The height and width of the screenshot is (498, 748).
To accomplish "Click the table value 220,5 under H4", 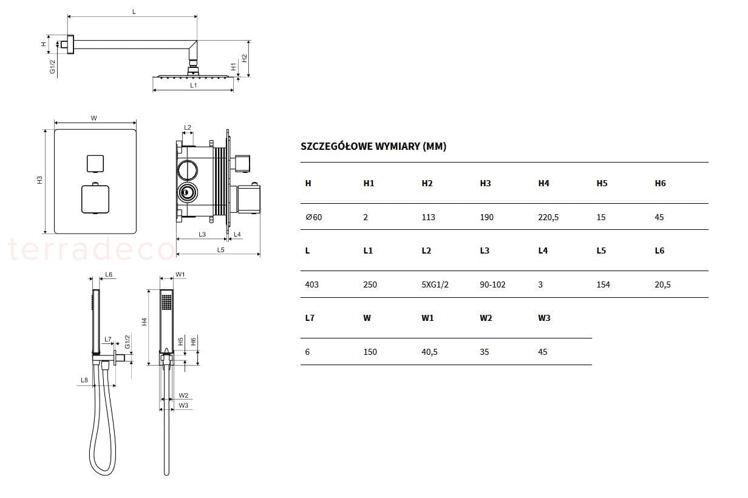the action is [548, 218].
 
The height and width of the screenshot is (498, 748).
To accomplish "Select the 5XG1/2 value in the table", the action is [435, 285].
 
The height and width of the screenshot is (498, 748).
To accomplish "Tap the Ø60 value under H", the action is [313, 218].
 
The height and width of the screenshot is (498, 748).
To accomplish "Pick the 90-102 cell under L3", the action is [492, 285].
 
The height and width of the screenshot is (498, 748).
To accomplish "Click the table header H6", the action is [660, 183].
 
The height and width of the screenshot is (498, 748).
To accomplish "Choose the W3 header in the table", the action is [544, 318].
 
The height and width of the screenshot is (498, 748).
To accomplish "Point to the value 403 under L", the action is [312, 285].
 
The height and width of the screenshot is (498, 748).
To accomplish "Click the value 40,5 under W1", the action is [429, 352].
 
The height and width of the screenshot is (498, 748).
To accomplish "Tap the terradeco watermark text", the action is [91, 249].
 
